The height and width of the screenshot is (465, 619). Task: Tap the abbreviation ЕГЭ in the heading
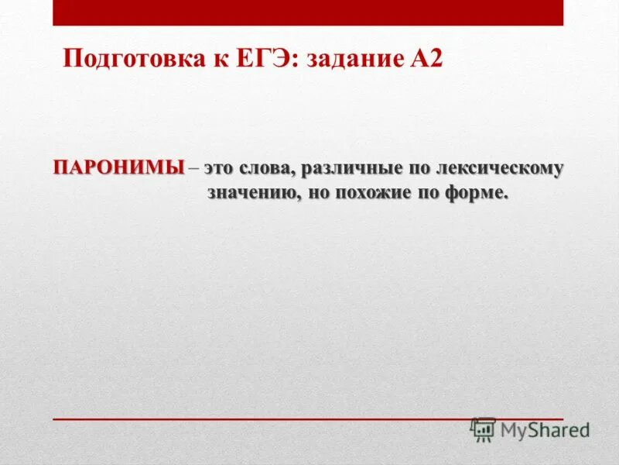266,60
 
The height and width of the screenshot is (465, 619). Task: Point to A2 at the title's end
426,60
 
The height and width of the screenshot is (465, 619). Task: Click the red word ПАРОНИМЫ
119,167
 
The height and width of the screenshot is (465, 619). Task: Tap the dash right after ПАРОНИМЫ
193,168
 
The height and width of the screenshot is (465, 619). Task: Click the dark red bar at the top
308,12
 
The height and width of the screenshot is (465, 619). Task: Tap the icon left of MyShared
483,430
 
